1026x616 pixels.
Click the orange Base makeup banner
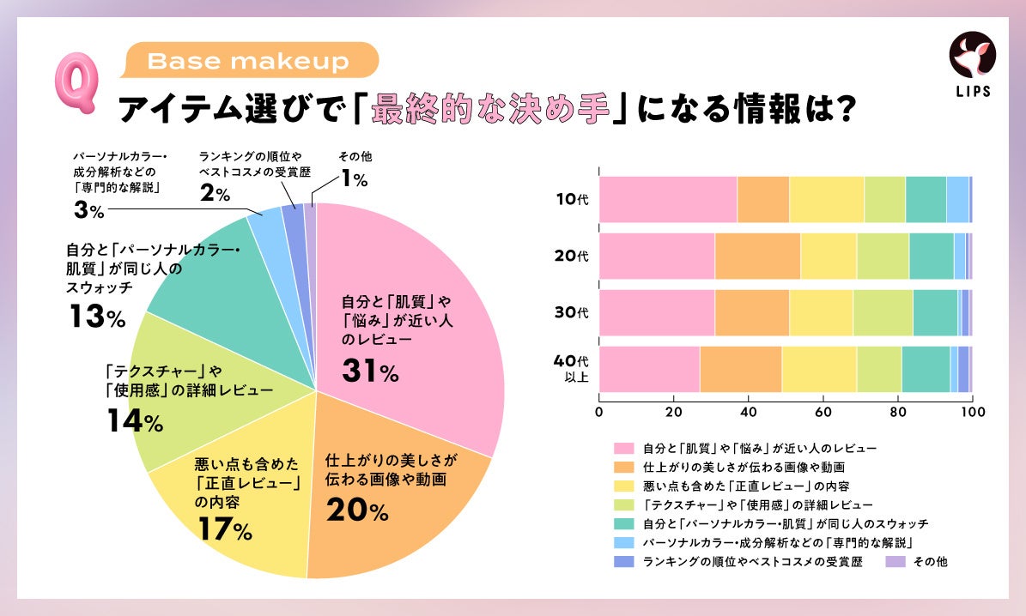click(x=250, y=61)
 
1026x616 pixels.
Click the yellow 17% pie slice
click(x=249, y=506)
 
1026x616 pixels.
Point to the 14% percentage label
click(x=136, y=422)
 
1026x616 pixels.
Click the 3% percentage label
click(x=88, y=210)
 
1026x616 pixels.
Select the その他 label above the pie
click(x=355, y=157)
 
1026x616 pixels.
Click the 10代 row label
click(x=572, y=199)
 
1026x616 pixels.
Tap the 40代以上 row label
click(x=572, y=370)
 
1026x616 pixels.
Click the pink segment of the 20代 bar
click(x=656, y=256)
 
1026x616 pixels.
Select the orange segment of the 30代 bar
click(x=751, y=312)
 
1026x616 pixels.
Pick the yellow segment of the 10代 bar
click(x=826, y=199)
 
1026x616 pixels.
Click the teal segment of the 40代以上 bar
click(x=926, y=370)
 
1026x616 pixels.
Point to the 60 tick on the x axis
click(x=823, y=411)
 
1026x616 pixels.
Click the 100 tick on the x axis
click(x=971, y=411)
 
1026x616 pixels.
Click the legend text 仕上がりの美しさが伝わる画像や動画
click(x=744, y=468)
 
